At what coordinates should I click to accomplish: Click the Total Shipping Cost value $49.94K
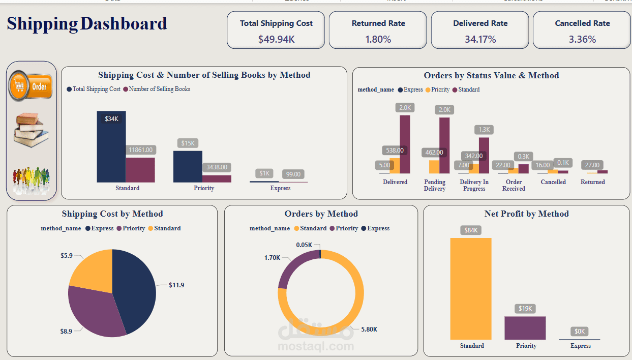coord(276,39)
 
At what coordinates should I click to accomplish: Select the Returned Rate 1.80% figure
coord(378,39)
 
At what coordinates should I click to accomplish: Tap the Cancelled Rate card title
coord(582,23)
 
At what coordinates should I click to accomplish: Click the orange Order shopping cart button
coord(31,86)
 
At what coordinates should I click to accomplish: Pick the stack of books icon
coord(31,130)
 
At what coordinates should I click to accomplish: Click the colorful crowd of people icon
coord(31,179)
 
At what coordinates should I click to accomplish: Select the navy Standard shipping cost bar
coord(111,147)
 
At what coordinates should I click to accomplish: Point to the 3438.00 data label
coord(217,167)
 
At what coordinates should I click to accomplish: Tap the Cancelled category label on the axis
coord(553,182)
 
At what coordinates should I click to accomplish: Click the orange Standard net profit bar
coord(471,289)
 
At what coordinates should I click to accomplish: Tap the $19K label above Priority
coord(525,309)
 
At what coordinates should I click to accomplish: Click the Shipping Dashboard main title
coord(87,23)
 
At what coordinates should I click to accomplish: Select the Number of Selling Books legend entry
coord(160,89)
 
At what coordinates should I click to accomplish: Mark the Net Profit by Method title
coord(526,214)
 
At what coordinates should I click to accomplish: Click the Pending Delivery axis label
coord(435,185)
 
